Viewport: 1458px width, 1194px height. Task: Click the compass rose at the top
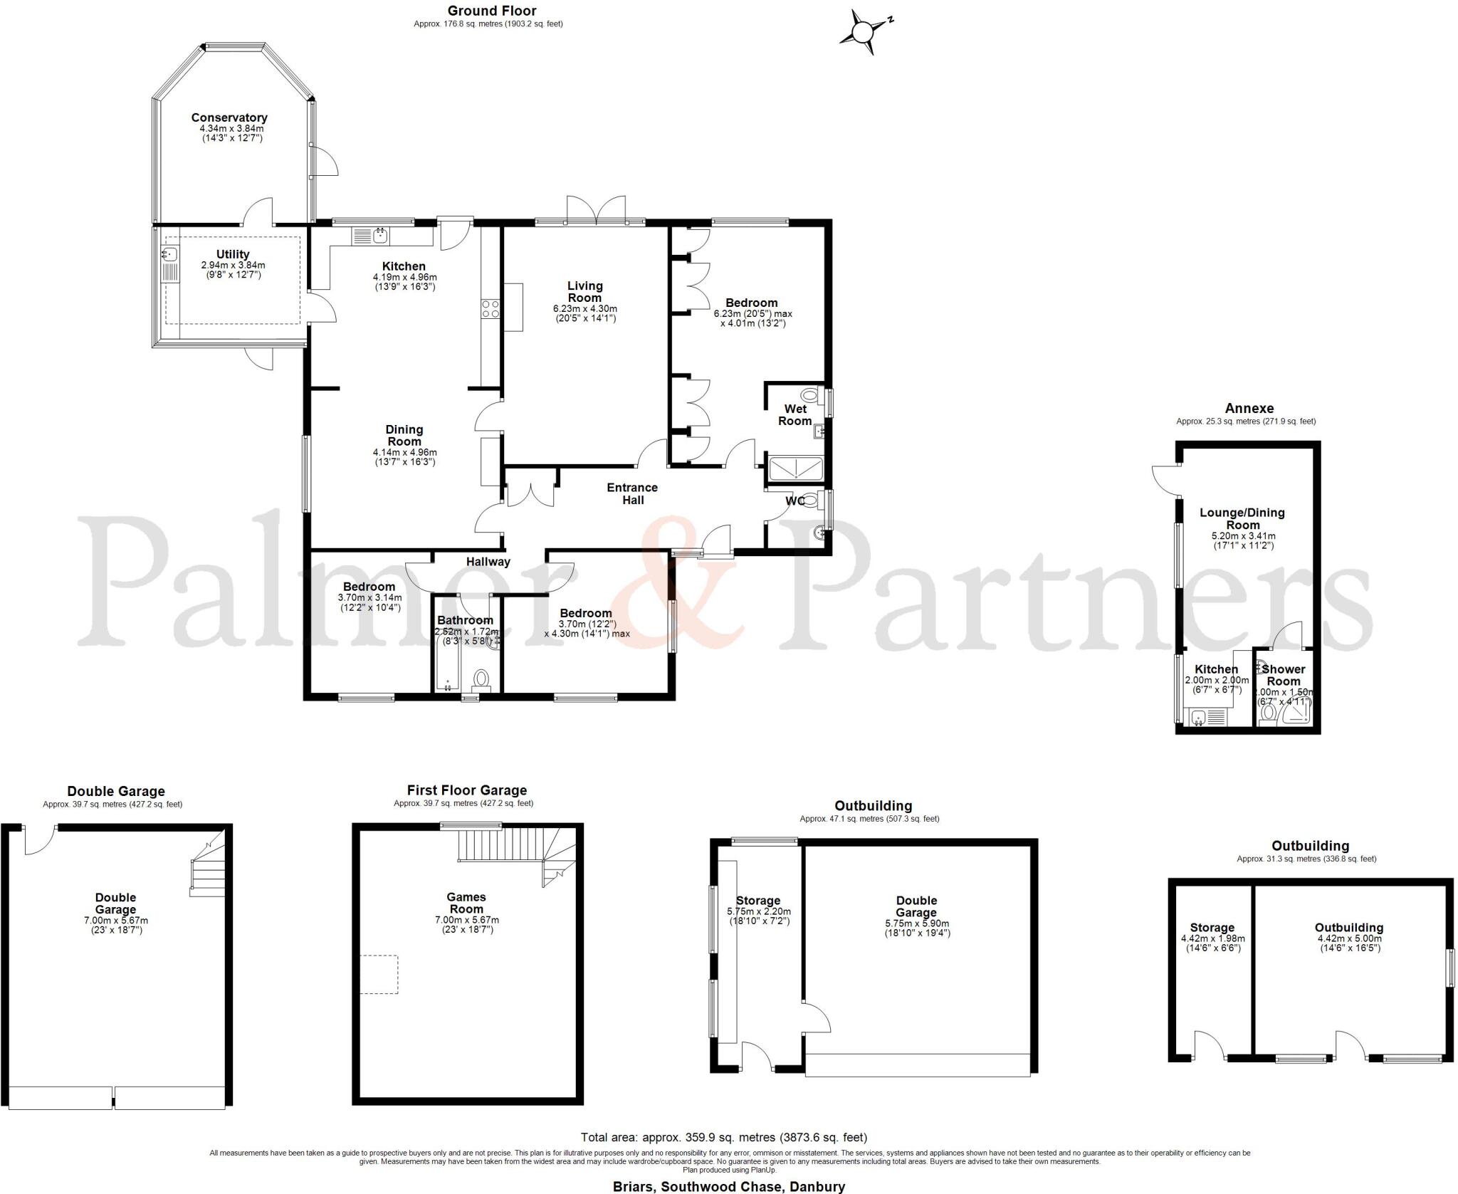coord(864,31)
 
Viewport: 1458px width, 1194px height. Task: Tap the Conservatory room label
coord(229,118)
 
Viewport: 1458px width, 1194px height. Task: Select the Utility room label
coord(233,254)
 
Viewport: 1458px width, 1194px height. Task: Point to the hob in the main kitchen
coord(491,309)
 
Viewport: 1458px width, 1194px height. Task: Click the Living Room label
coord(584,292)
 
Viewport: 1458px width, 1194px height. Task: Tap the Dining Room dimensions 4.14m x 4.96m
coord(404,452)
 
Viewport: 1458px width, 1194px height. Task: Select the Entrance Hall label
coord(632,493)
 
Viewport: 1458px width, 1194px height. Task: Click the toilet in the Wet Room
coord(809,395)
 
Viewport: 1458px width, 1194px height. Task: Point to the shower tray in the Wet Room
coord(796,470)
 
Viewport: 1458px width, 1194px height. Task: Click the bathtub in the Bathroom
coord(446,663)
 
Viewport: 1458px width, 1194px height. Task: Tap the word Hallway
coord(488,562)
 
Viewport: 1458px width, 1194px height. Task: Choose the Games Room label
coord(466,903)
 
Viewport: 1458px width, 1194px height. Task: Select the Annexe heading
coord(1249,409)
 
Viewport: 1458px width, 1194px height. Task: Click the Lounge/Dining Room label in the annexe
coord(1242,518)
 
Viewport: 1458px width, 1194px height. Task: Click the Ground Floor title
coord(492,11)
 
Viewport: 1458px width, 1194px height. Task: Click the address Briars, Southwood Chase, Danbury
coord(729,1186)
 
